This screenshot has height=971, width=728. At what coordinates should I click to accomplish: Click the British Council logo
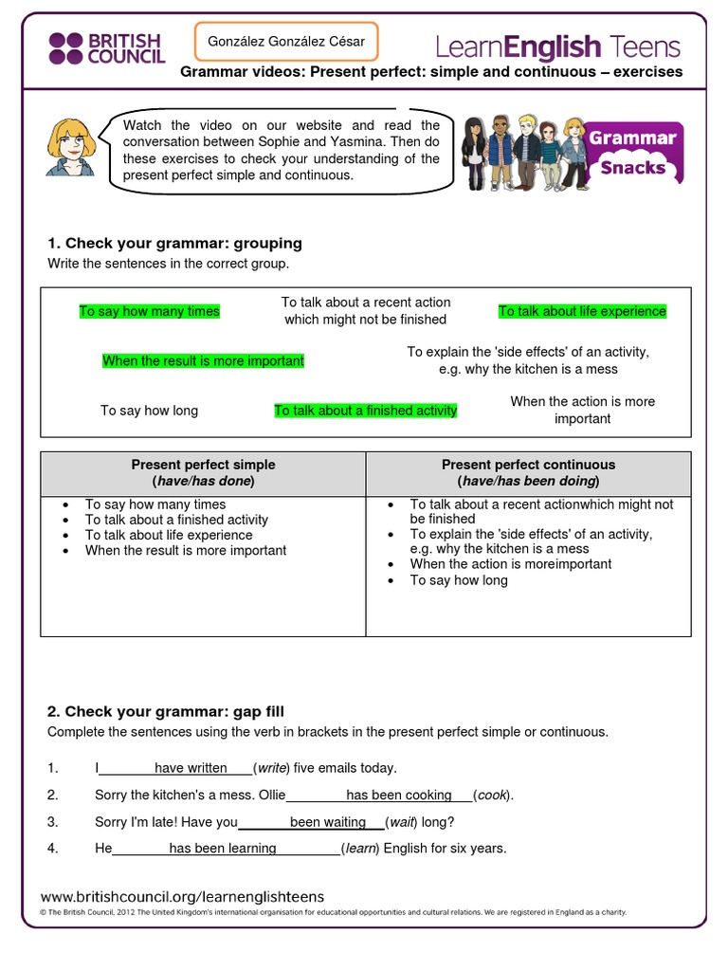click(x=105, y=47)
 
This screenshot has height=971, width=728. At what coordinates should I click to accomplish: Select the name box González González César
click(x=285, y=42)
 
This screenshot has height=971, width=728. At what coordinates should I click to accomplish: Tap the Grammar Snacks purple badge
click(x=634, y=152)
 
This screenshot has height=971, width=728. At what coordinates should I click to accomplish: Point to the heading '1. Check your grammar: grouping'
click(x=174, y=243)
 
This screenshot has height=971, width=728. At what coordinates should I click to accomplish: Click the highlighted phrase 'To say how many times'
click(x=149, y=311)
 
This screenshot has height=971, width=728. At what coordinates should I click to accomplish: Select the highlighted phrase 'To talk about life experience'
click(x=582, y=311)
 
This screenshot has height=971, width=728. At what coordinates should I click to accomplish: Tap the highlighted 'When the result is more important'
click(x=203, y=361)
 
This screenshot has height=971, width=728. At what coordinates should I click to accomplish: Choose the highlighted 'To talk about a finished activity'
click(x=365, y=411)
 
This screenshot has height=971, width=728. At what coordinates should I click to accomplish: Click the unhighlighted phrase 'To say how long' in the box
click(x=149, y=411)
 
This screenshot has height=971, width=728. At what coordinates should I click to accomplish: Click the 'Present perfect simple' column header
click(x=203, y=472)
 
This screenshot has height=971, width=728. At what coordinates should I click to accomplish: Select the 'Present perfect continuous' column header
click(x=528, y=472)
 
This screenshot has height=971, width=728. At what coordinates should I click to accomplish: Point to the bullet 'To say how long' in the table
click(x=458, y=580)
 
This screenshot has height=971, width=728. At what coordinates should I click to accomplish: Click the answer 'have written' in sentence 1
click(x=191, y=768)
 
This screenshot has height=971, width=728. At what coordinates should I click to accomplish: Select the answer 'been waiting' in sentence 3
click(x=328, y=822)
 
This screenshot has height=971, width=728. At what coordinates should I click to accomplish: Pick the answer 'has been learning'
click(x=223, y=849)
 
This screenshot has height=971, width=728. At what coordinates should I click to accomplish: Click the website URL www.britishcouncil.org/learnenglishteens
click(x=183, y=896)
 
